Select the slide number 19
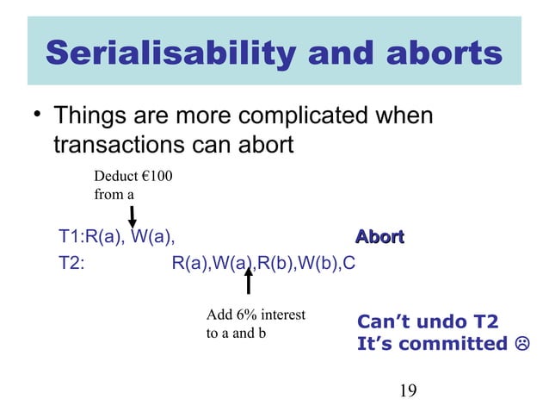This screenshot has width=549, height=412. (408, 391)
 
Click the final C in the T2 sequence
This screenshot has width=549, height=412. (349, 263)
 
